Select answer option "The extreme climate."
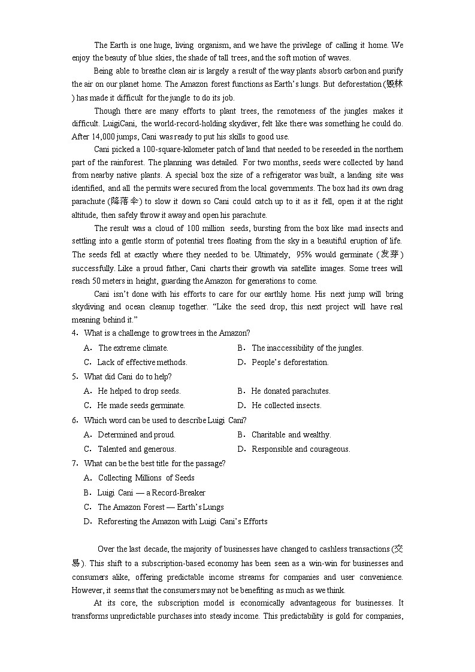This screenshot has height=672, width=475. click(133, 348)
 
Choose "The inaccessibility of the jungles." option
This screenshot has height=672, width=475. click(307, 348)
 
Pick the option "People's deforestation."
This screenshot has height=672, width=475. click(290, 362)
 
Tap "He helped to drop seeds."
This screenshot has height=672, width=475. click(139, 391)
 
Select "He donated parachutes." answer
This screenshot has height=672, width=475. click(291, 391)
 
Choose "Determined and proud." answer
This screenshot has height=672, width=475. click(137, 434)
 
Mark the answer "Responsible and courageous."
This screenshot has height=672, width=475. click(301, 449)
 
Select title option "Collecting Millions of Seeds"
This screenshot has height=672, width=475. click(146, 478)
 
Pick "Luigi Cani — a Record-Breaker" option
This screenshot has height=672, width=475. click(151, 492)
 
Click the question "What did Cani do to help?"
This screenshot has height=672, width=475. click(128, 376)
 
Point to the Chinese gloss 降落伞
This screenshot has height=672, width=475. click(123, 202)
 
